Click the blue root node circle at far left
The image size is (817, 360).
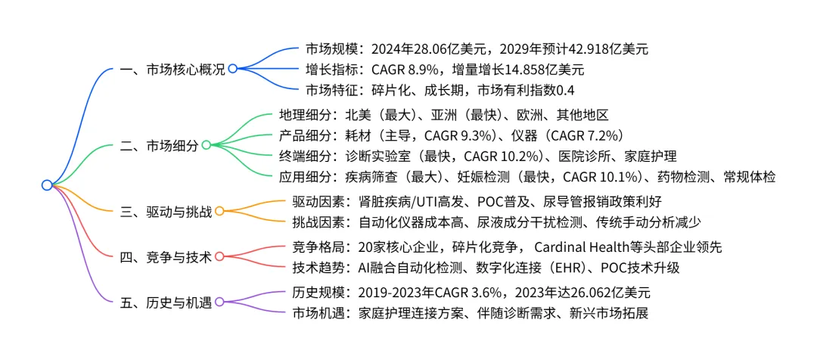pos(47,185)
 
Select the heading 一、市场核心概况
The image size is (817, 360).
pos(172,68)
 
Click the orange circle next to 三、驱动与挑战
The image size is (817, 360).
pos(219,211)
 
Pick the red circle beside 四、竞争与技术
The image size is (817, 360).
pos(219,256)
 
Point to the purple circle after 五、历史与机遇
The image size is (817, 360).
pos(219,302)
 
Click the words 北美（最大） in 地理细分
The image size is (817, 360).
pos(376,116)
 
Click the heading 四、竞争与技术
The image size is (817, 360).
pos(167,256)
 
